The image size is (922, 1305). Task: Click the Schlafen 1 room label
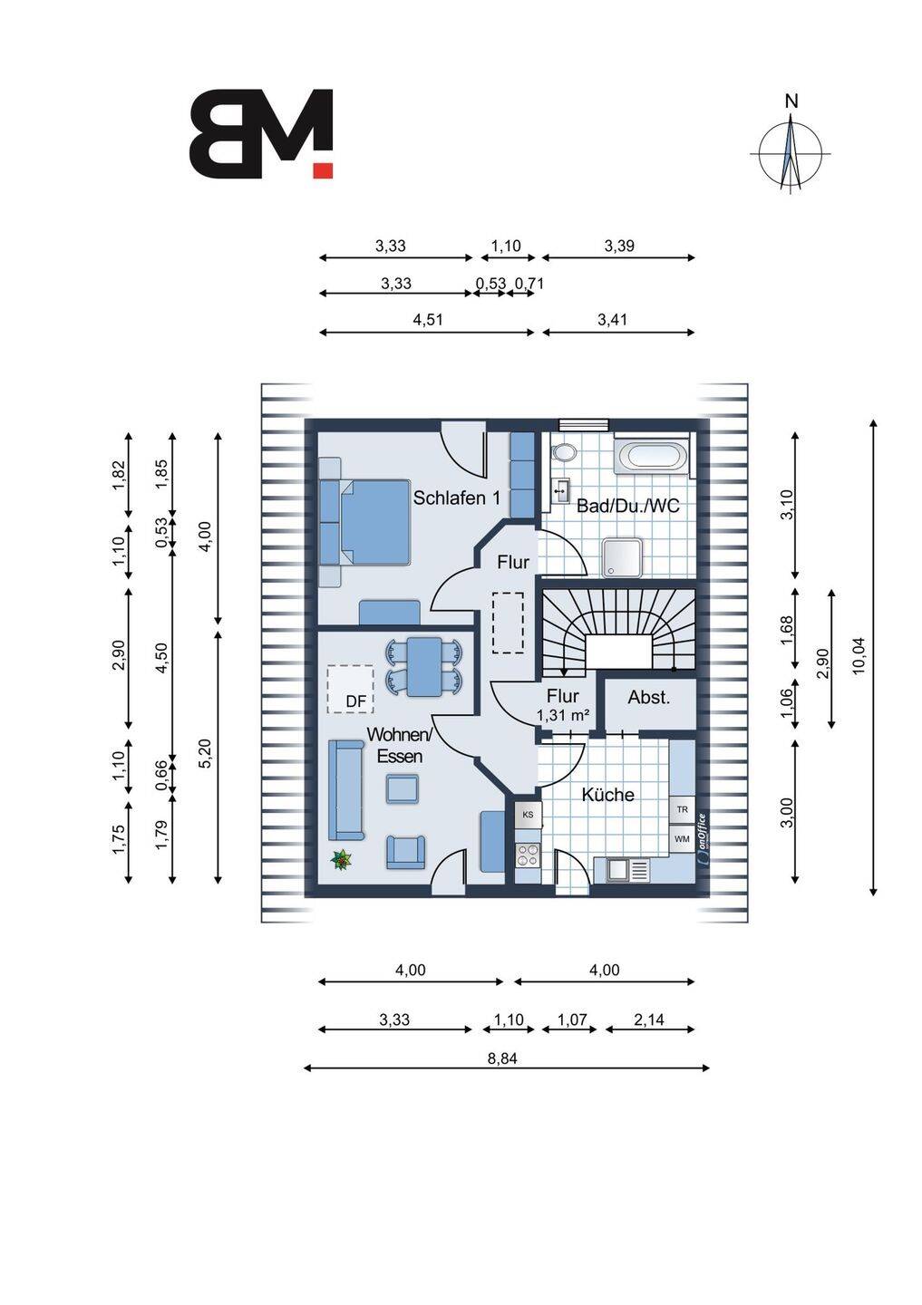coord(456,498)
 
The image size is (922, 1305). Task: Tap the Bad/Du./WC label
coord(627,505)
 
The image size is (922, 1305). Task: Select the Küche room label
coord(607,795)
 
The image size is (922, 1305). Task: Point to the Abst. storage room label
coord(649,697)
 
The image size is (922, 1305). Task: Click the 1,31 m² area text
coord(562,715)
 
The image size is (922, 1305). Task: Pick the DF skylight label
coord(355,701)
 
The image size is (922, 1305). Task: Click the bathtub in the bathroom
coord(652,455)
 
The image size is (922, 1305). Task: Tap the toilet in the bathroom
coord(563,452)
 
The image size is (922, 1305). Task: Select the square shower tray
coord(623,557)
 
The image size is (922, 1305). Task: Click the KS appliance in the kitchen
coord(528,815)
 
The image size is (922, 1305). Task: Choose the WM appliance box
coord(682,839)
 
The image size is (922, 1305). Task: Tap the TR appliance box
coord(682,810)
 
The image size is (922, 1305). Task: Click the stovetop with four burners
coord(528,855)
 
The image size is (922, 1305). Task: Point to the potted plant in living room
coord(342,859)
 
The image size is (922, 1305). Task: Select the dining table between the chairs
coord(424,666)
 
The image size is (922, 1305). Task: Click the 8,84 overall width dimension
coord(502,1058)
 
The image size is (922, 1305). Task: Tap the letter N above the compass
coord(791,101)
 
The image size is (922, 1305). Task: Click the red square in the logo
coord(323,169)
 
